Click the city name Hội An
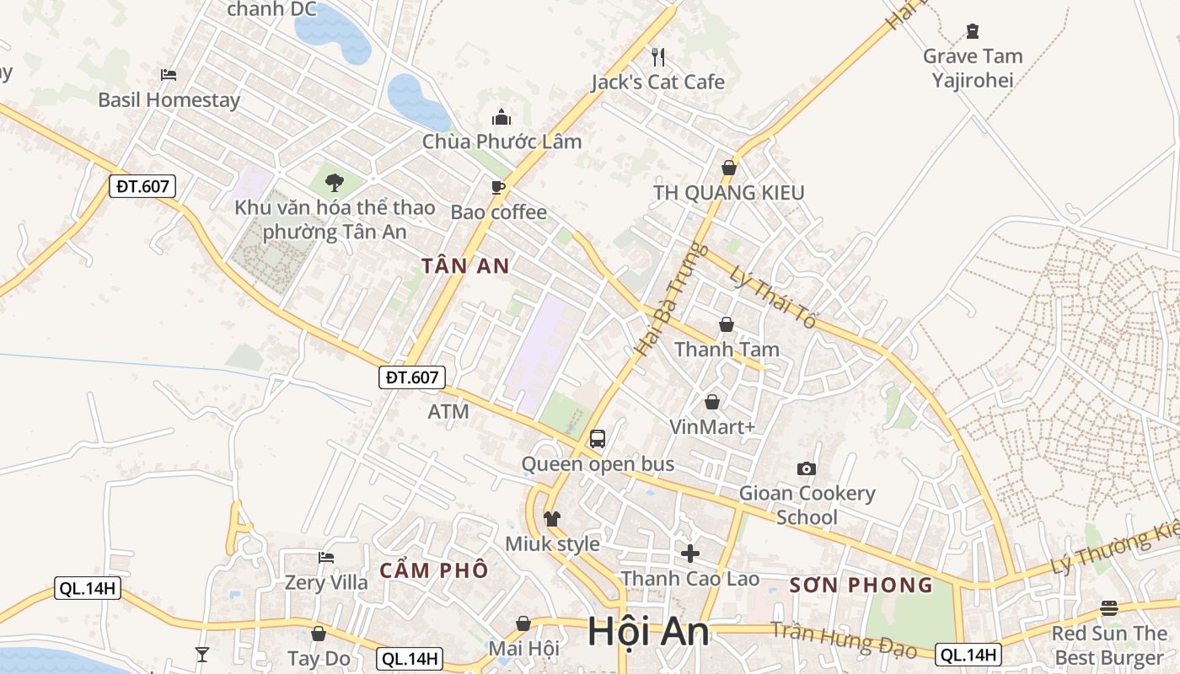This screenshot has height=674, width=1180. tap(648, 631)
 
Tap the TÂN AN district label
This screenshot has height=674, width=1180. tap(465, 266)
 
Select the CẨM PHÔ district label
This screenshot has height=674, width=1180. tap(433, 570)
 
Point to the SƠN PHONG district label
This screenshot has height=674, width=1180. tap(861, 585)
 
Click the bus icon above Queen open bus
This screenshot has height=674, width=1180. tap(598, 438)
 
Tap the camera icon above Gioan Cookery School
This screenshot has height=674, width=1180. tap(807, 468)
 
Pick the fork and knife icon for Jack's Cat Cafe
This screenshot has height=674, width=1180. tap(658, 57)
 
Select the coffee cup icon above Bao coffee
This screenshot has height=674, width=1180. tap(498, 187)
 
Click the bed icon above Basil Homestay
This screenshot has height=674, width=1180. tap(169, 75)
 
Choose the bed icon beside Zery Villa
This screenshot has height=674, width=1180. tap(326, 557)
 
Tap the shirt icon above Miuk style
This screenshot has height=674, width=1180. tap(552, 519)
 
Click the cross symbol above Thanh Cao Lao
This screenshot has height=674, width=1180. tap(690, 554)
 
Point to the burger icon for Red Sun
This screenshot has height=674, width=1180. tap(1108, 608)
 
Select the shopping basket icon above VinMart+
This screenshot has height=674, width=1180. tap(712, 402)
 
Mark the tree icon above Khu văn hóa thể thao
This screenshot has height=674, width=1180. tap(335, 182)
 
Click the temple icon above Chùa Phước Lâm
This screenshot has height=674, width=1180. tap(501, 117)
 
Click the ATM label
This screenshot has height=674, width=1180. tap(448, 412)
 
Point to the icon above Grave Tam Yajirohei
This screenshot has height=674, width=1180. tap(973, 32)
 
